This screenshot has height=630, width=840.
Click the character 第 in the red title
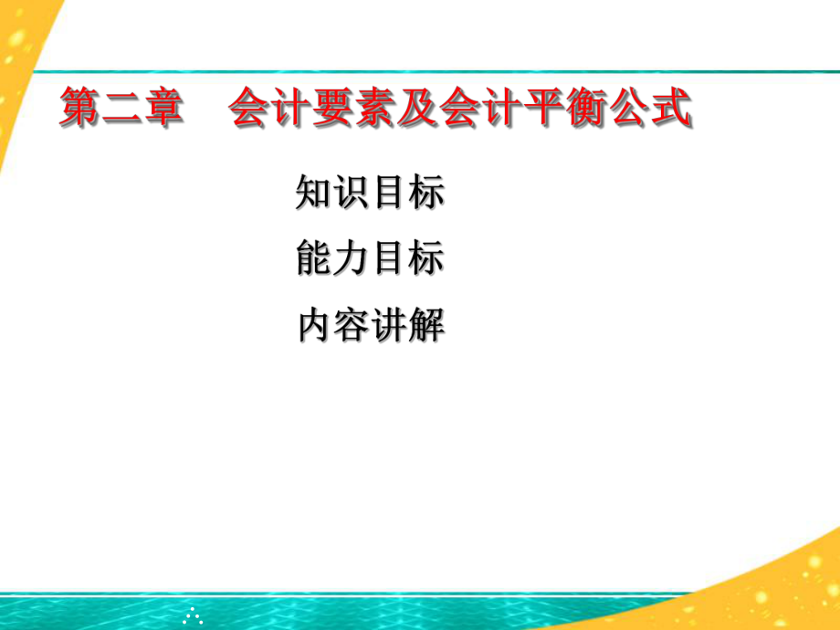point(80,109)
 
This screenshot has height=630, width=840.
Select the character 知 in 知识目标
point(315,194)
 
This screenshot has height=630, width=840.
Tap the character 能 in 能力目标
point(315,259)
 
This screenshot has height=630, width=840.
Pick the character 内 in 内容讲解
point(315,326)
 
